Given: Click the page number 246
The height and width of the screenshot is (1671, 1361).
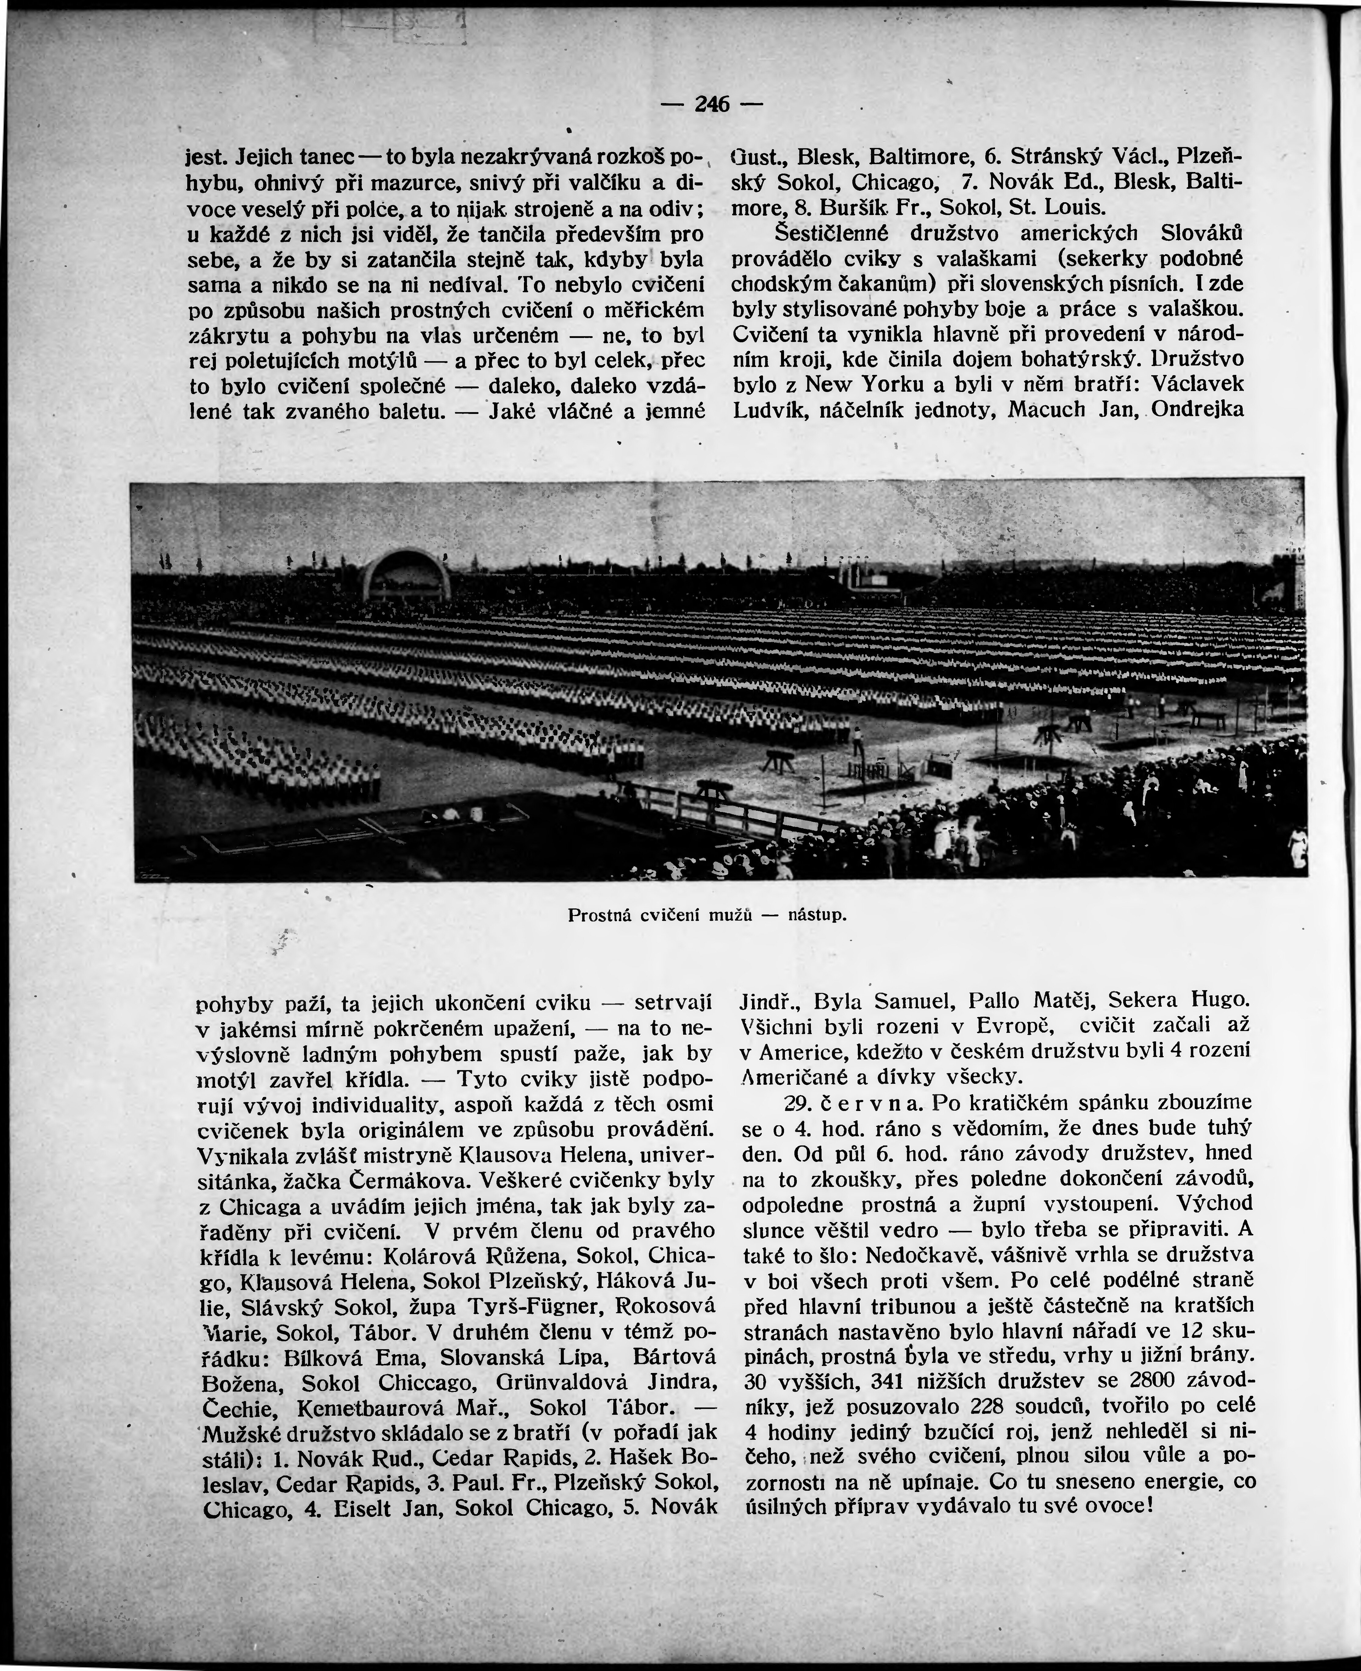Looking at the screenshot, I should coord(712,104).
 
